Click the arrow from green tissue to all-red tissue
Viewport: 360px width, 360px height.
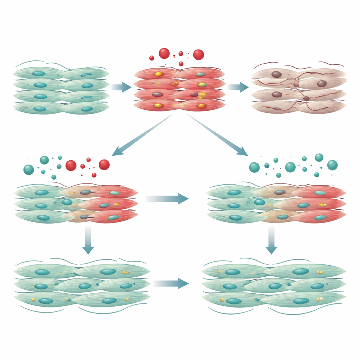click(122, 87)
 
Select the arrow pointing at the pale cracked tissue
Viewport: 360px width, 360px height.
click(238, 87)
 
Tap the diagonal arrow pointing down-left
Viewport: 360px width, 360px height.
click(141, 135)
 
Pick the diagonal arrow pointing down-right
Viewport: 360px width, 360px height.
click(218, 135)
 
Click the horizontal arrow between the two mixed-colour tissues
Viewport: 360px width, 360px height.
click(167, 199)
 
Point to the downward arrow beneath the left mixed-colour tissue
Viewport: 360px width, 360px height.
click(88, 240)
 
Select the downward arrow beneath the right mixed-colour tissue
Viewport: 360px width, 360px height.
click(271, 240)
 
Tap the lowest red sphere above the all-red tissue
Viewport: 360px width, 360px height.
click(181, 64)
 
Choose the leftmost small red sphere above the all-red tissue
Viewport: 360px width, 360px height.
click(152, 58)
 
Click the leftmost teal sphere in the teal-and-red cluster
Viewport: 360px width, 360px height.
click(28, 170)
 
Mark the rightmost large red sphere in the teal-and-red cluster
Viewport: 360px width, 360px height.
click(104, 165)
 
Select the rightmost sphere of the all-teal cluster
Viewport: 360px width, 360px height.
click(332, 165)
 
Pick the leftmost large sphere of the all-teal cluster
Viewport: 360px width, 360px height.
click(254, 167)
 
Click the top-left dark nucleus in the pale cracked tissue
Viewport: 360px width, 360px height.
click(276, 74)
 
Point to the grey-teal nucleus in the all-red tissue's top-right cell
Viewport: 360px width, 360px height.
click(200, 75)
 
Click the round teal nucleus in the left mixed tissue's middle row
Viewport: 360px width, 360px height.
click(67, 202)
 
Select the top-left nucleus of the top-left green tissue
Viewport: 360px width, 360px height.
click(39, 73)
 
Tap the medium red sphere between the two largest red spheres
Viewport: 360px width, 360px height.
click(181, 54)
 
